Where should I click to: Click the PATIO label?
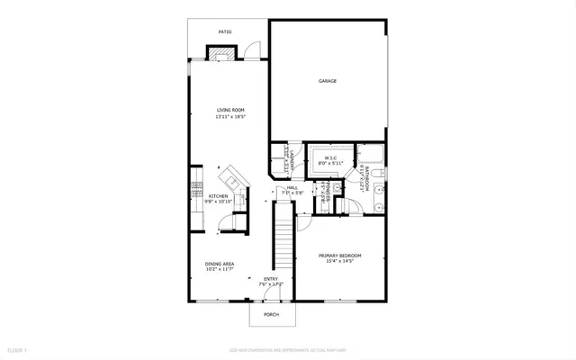[225, 32]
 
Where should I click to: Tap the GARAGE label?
[327, 81]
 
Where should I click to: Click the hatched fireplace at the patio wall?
[222, 53]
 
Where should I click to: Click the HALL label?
[292, 186]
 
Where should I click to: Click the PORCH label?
[271, 314]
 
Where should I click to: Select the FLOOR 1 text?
[18, 348]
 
